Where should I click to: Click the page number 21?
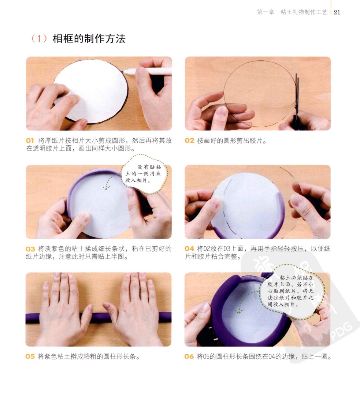[337, 12]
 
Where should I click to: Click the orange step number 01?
[30, 141]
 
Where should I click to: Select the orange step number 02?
[189, 141]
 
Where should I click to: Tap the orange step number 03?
[30, 249]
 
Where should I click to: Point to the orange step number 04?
[189, 249]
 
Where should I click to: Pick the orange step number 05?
[30, 357]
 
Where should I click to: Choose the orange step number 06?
[189, 357]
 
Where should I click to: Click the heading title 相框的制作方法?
[89, 39]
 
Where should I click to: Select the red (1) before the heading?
[39, 39]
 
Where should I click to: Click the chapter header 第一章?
[266, 12]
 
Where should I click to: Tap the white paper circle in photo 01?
[92, 91]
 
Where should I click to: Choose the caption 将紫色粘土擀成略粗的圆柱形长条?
[89, 357]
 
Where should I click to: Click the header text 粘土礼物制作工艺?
[304, 12]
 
